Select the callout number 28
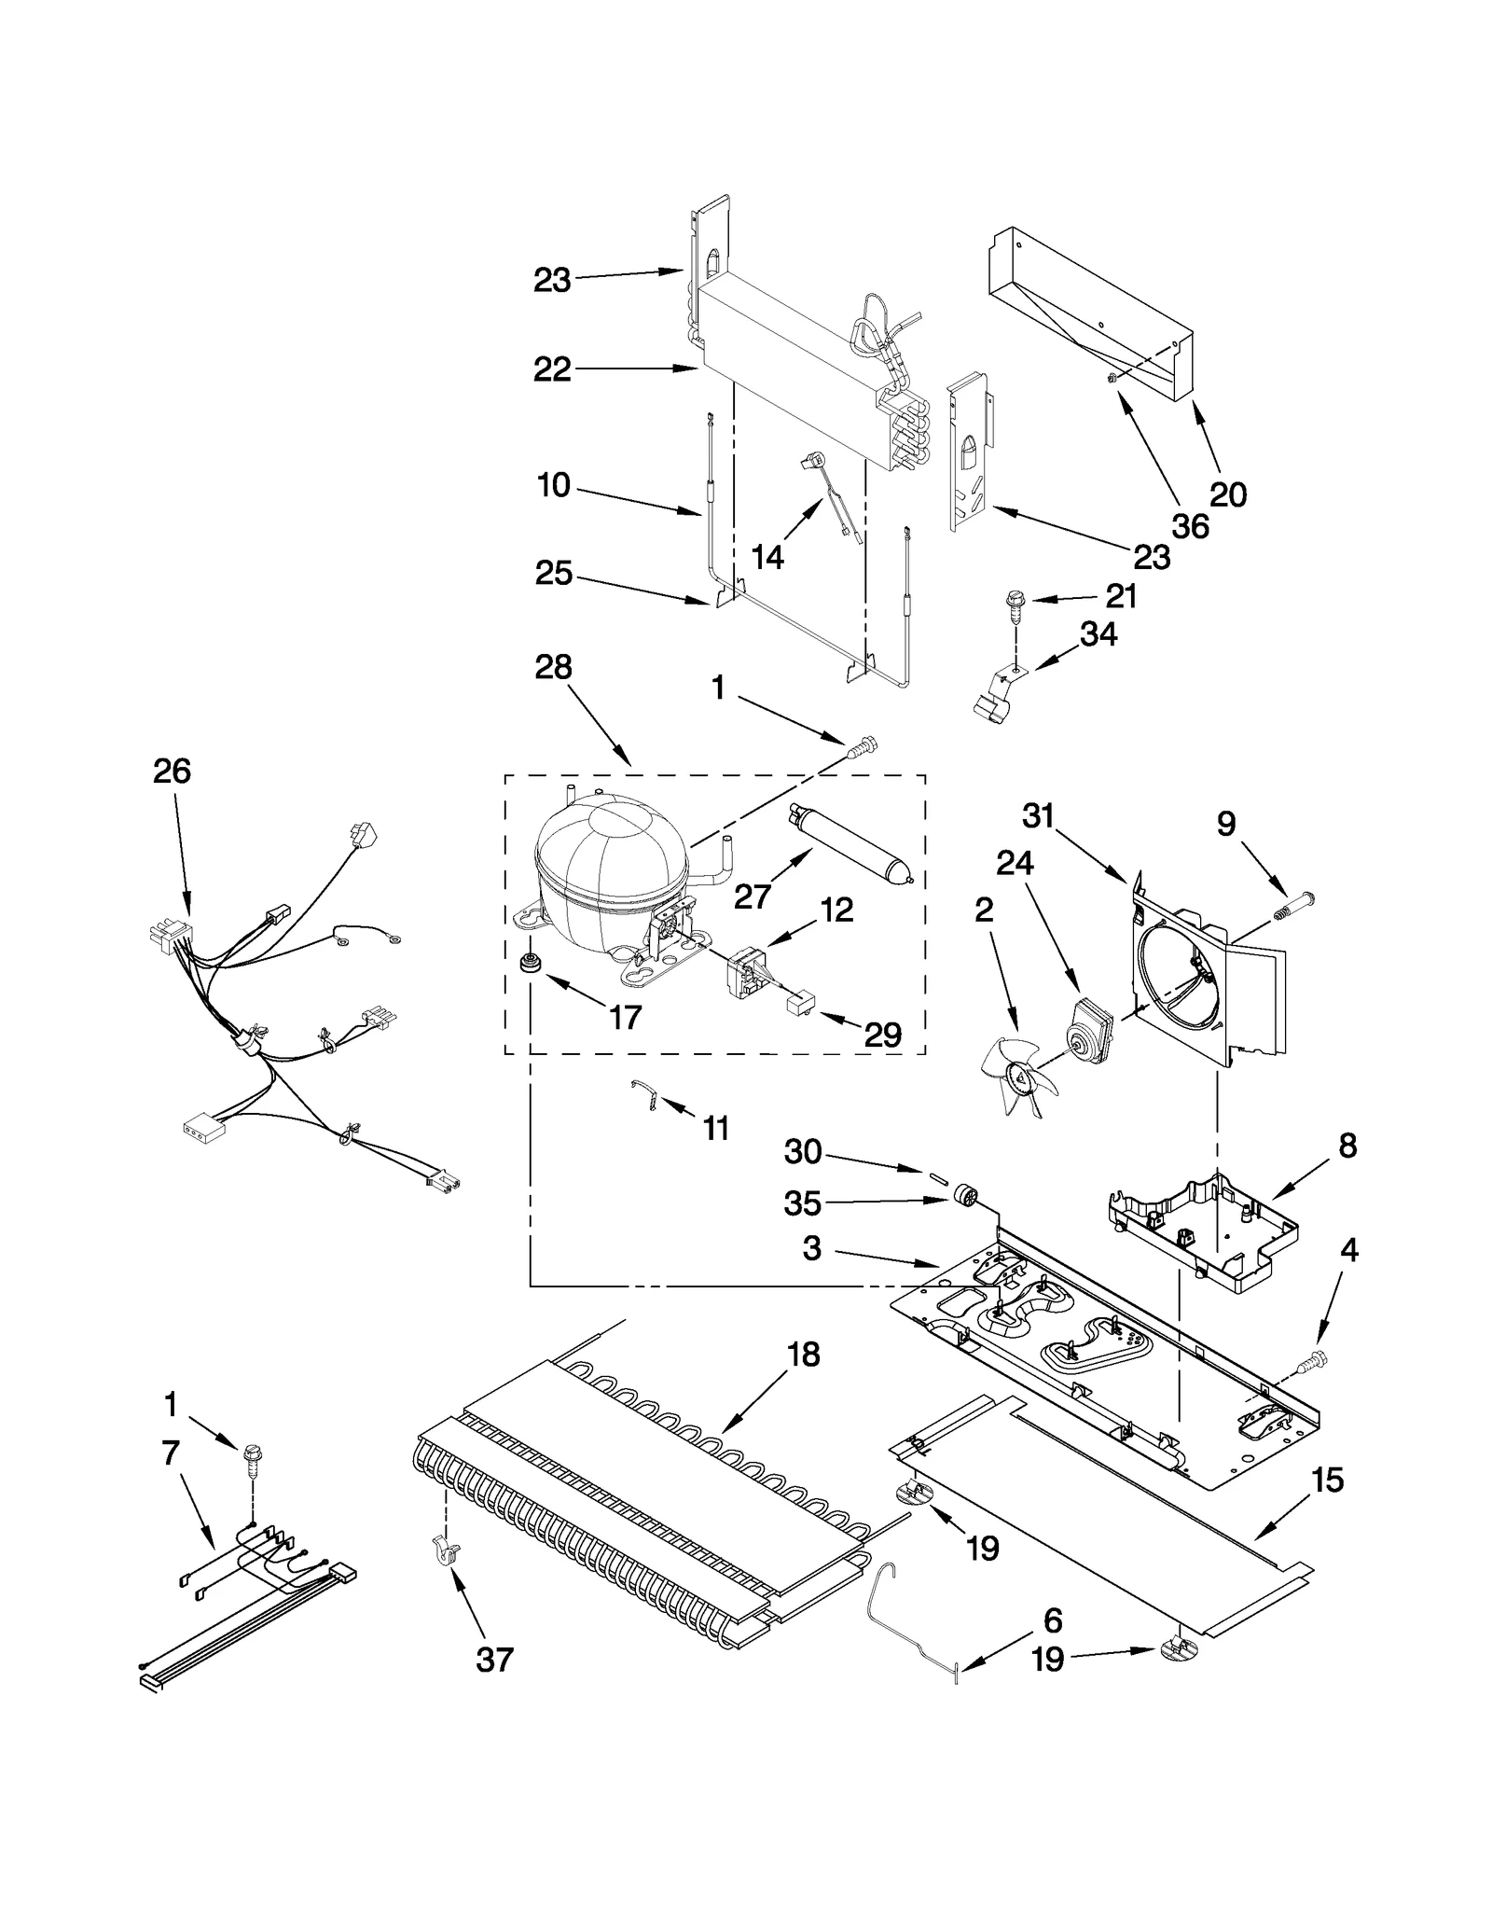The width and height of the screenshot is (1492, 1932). point(553,668)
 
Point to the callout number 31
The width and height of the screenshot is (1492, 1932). point(1037,816)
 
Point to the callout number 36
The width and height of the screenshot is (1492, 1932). point(1190,526)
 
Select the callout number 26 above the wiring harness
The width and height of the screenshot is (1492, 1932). point(172,771)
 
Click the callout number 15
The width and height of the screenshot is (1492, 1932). point(1327,1480)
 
